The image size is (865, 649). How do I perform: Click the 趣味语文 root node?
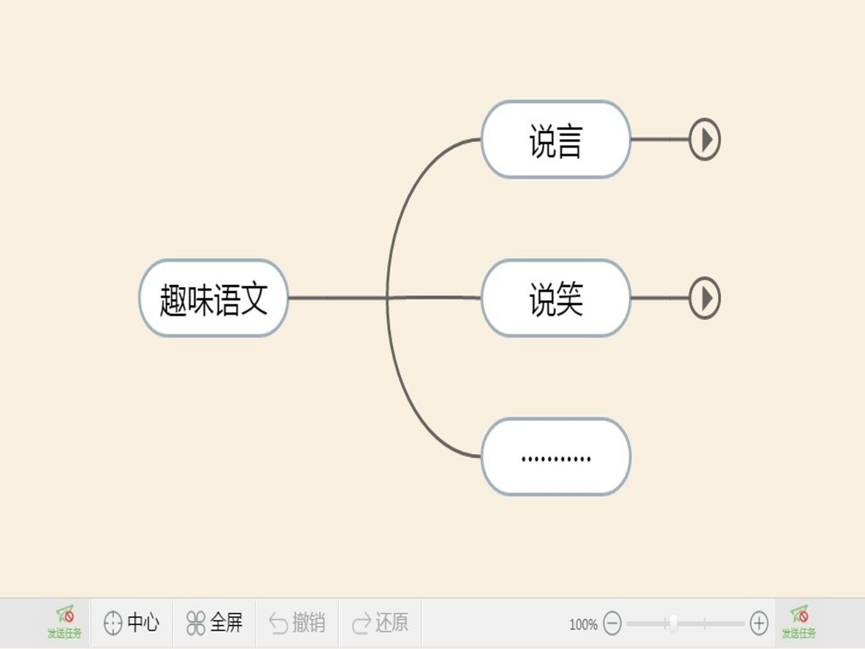tap(213, 298)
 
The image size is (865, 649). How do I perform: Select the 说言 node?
tap(556, 140)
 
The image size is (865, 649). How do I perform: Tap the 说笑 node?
tap(556, 298)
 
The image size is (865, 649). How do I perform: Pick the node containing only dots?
tap(556, 457)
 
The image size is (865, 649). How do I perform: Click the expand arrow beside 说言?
tap(705, 140)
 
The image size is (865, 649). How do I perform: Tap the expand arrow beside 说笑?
tap(705, 298)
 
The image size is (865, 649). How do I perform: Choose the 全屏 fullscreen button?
tap(214, 623)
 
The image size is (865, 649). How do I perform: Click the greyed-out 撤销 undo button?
tap(297, 623)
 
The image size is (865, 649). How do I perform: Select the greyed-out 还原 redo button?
tap(380, 623)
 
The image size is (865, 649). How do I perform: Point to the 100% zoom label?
tap(583, 624)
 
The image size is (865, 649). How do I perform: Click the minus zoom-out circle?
tap(612, 623)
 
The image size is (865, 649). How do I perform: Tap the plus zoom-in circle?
tap(759, 623)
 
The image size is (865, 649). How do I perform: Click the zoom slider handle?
tap(673, 623)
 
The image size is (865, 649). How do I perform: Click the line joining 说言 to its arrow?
tap(659, 139)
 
